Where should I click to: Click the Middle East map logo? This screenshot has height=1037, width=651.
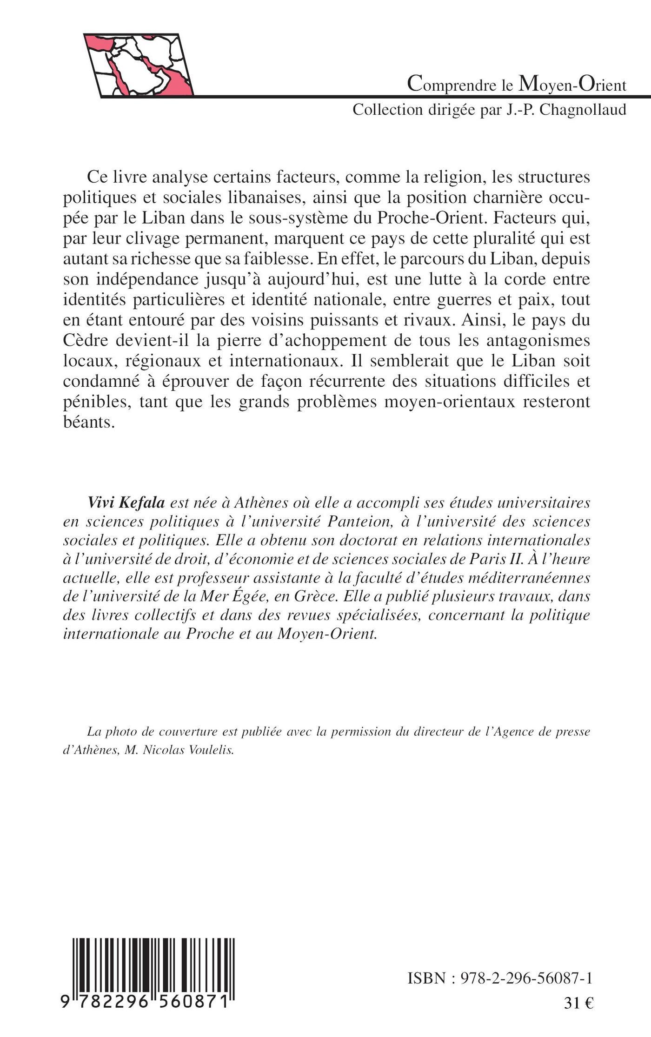click(x=139, y=65)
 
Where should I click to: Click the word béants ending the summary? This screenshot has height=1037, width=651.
click(x=88, y=422)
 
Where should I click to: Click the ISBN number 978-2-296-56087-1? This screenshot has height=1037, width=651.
click(x=526, y=965)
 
